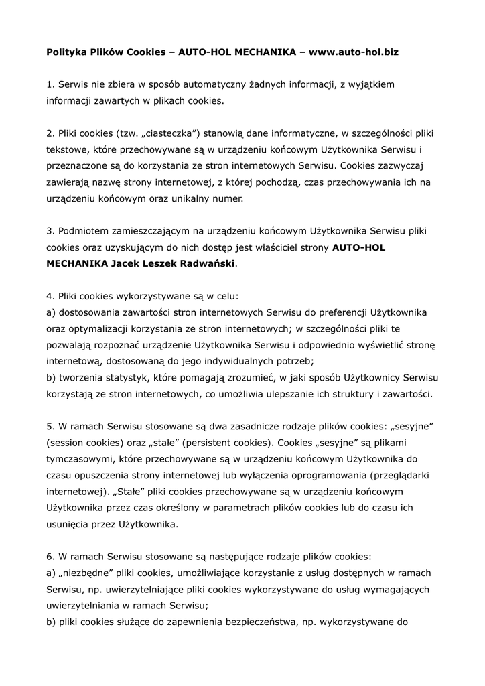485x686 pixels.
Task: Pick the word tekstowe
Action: point(68,149)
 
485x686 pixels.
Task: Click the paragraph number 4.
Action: point(50,295)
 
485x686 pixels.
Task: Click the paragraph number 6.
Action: point(50,556)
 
